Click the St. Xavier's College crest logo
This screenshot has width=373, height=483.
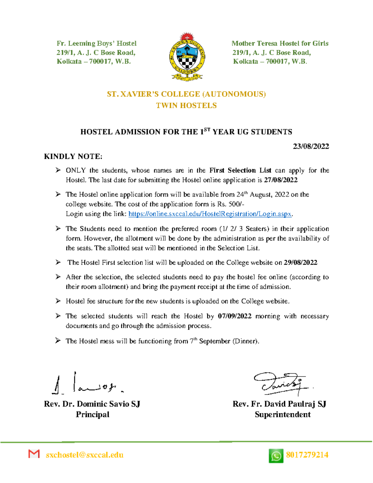pos(186,57)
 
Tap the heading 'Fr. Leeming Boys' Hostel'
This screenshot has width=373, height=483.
pos(96,44)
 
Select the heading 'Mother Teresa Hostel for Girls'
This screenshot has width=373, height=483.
pos(280,44)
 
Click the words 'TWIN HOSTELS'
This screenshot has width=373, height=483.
pos(186,106)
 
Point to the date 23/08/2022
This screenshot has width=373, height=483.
pos(311,146)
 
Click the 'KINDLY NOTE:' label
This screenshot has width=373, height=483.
pos(73,156)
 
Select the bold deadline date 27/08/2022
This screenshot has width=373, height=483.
pos(281,180)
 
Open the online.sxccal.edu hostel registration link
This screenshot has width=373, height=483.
pos(210,214)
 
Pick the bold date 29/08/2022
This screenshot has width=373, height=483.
pos(300,262)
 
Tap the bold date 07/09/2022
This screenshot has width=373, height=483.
pos(235,316)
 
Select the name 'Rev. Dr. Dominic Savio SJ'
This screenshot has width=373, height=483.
pos(92,404)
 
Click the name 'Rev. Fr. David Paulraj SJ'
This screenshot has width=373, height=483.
pos(279,404)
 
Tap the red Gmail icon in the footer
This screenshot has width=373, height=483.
pos(34,454)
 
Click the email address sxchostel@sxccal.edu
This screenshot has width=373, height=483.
pos(85,455)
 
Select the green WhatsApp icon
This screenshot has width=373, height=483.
pos(276,456)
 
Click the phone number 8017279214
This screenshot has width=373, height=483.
pos(307,455)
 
